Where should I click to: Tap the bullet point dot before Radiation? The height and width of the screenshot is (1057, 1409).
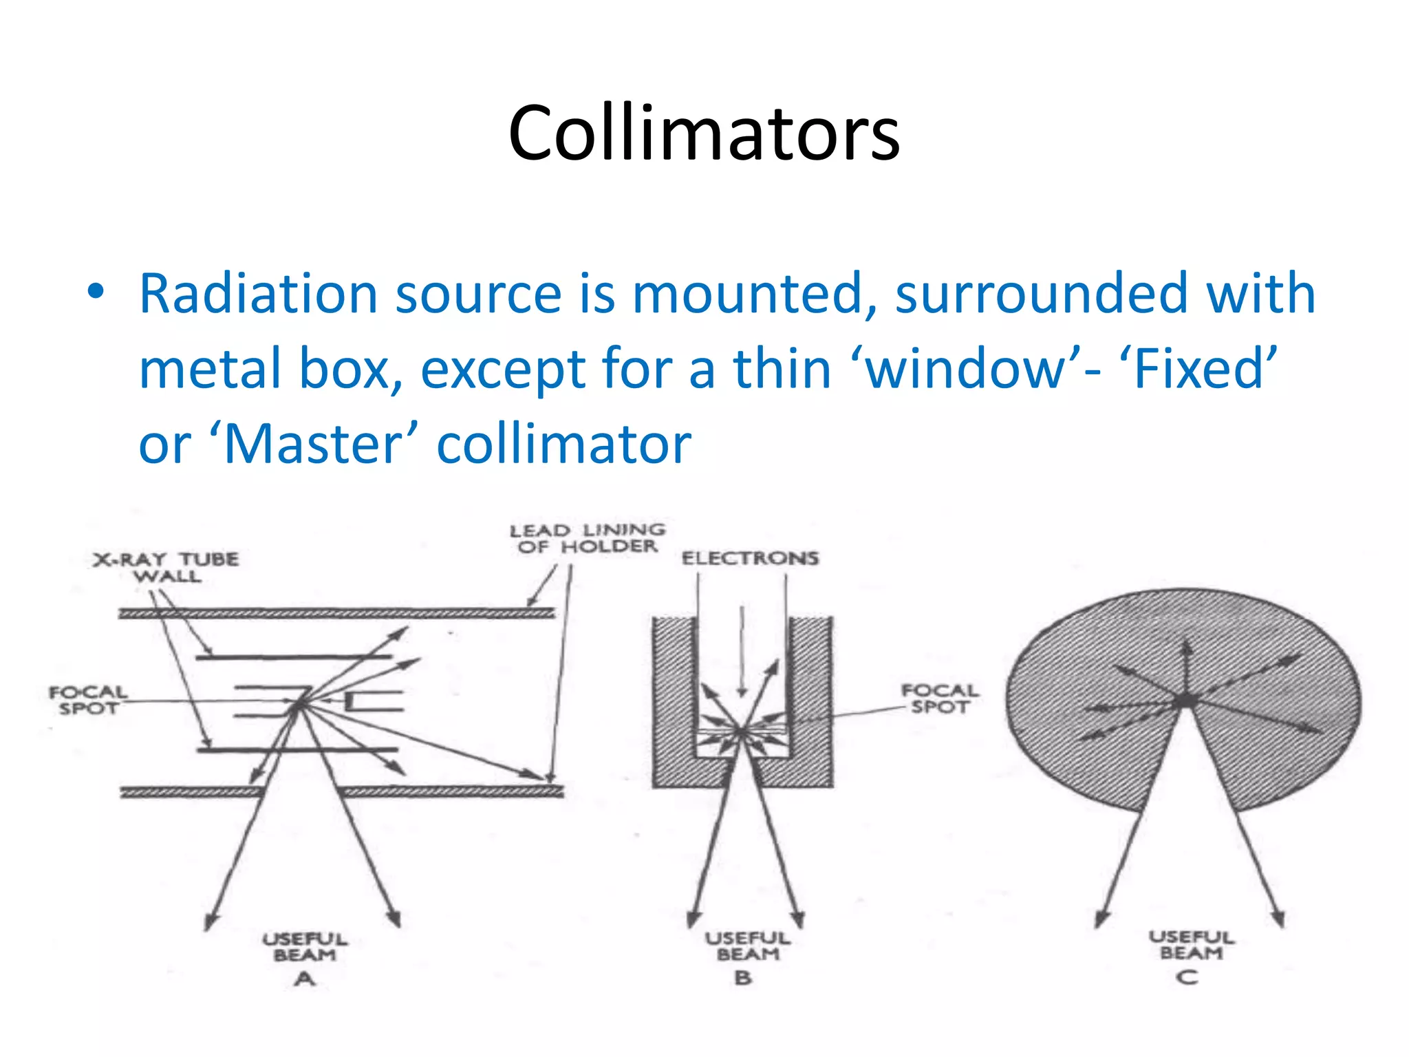(x=96, y=292)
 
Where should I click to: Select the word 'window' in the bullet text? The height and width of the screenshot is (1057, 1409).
(x=967, y=369)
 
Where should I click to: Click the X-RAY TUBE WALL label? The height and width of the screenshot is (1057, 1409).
(x=166, y=568)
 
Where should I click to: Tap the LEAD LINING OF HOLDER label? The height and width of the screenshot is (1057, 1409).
(x=587, y=538)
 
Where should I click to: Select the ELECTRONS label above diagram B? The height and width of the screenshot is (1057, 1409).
(x=750, y=557)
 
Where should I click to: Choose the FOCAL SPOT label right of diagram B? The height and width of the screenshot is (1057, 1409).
(x=940, y=698)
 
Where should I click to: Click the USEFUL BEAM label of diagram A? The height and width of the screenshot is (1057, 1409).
(x=305, y=947)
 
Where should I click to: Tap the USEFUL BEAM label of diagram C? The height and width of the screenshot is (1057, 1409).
(x=1191, y=945)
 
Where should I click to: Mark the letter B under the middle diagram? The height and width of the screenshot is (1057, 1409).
(x=743, y=977)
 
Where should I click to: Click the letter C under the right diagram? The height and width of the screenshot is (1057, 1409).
(x=1187, y=976)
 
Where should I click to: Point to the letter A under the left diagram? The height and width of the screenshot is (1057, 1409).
(x=305, y=979)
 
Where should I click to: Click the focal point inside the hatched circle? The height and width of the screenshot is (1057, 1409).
(x=1185, y=701)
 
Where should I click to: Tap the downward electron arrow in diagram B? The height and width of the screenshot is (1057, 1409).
(x=742, y=650)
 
